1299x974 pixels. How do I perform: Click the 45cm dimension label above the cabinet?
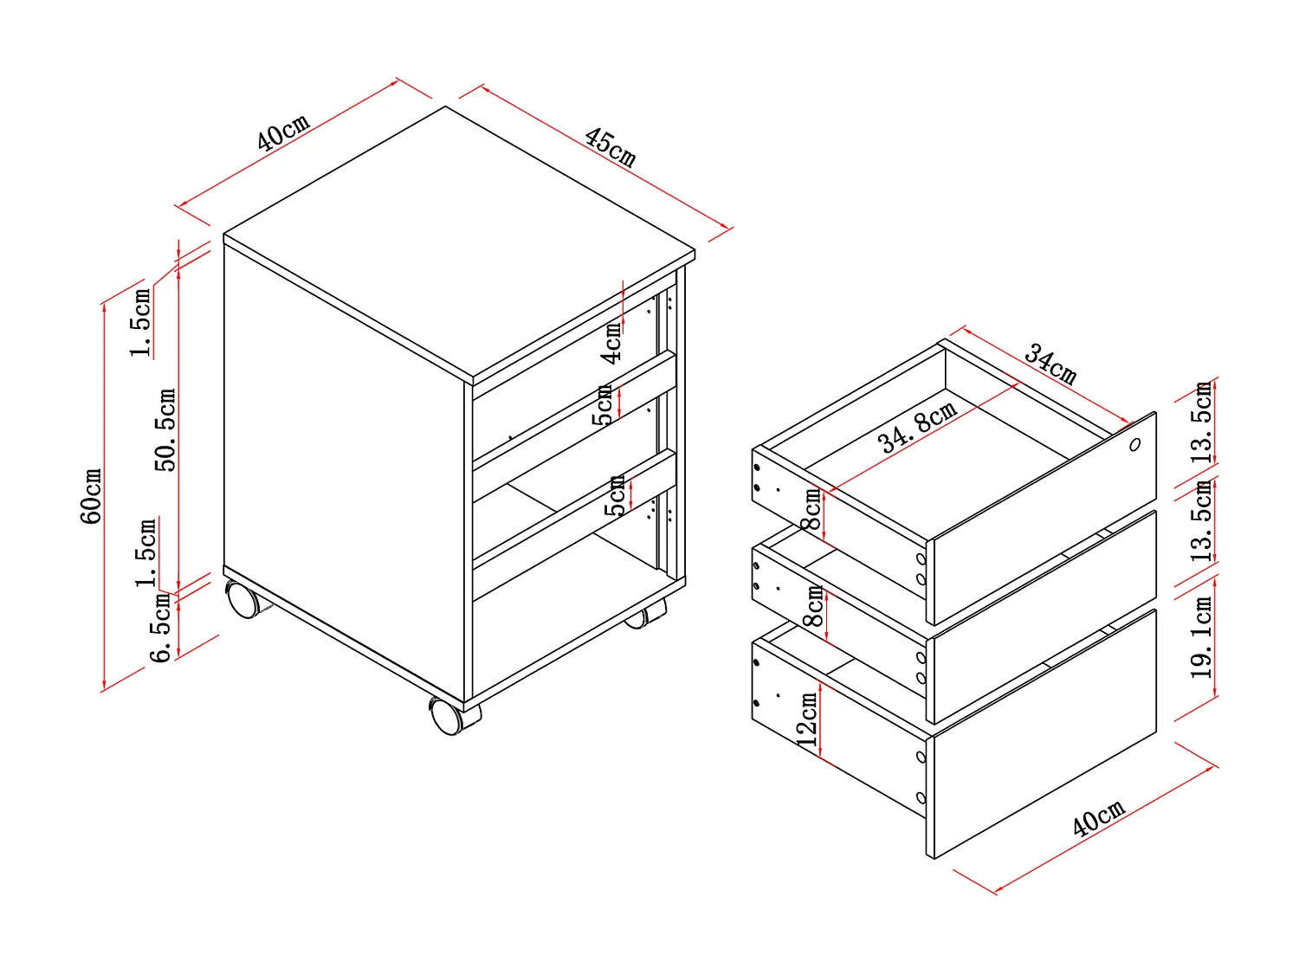click(611, 147)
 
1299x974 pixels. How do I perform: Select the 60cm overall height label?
click(92, 496)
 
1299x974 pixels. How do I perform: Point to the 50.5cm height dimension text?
click(165, 429)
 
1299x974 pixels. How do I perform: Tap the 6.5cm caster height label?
click(162, 629)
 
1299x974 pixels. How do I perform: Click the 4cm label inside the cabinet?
click(612, 342)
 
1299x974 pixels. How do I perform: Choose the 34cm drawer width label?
click(1050, 364)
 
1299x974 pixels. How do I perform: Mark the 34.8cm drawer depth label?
click(917, 427)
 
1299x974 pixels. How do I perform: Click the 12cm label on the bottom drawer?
click(807, 719)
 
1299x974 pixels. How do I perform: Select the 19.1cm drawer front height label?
click(1202, 637)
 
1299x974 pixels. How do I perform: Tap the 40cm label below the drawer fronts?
click(1098, 818)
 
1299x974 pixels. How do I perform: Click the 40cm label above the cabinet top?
click(283, 132)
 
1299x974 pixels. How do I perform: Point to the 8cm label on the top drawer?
click(812, 510)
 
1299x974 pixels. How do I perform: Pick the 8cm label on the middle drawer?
click(814, 607)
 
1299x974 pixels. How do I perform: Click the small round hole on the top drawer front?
click(1134, 445)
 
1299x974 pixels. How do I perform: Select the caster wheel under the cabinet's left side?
click(243, 599)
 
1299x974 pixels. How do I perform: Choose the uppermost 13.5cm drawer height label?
click(1202, 422)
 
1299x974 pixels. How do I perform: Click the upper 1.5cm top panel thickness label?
click(141, 322)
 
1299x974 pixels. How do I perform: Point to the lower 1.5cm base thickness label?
click(146, 552)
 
